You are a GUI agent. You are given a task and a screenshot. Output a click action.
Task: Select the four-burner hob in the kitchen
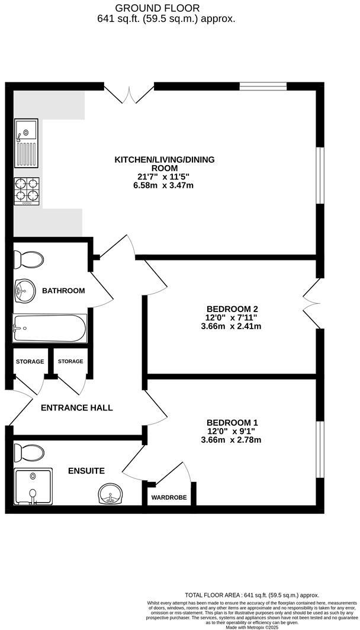(x=27, y=191)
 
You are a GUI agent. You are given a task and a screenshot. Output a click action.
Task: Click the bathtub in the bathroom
(x=50, y=327)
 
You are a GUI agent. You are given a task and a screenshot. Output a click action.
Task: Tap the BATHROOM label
(x=63, y=291)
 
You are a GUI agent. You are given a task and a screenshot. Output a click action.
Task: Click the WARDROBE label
(x=169, y=498)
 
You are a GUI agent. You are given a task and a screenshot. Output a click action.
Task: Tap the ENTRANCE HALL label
(x=76, y=408)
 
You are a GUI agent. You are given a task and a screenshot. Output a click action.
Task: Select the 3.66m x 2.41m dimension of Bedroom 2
(x=231, y=326)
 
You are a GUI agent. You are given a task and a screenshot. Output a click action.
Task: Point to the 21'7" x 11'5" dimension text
(x=164, y=177)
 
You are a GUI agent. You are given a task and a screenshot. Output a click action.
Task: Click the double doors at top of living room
(x=128, y=92)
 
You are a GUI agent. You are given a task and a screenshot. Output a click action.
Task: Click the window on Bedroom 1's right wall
(x=320, y=448)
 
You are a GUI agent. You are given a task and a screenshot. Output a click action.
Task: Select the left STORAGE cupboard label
(x=30, y=361)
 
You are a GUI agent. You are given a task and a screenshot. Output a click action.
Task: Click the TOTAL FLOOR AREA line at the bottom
(x=252, y=595)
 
